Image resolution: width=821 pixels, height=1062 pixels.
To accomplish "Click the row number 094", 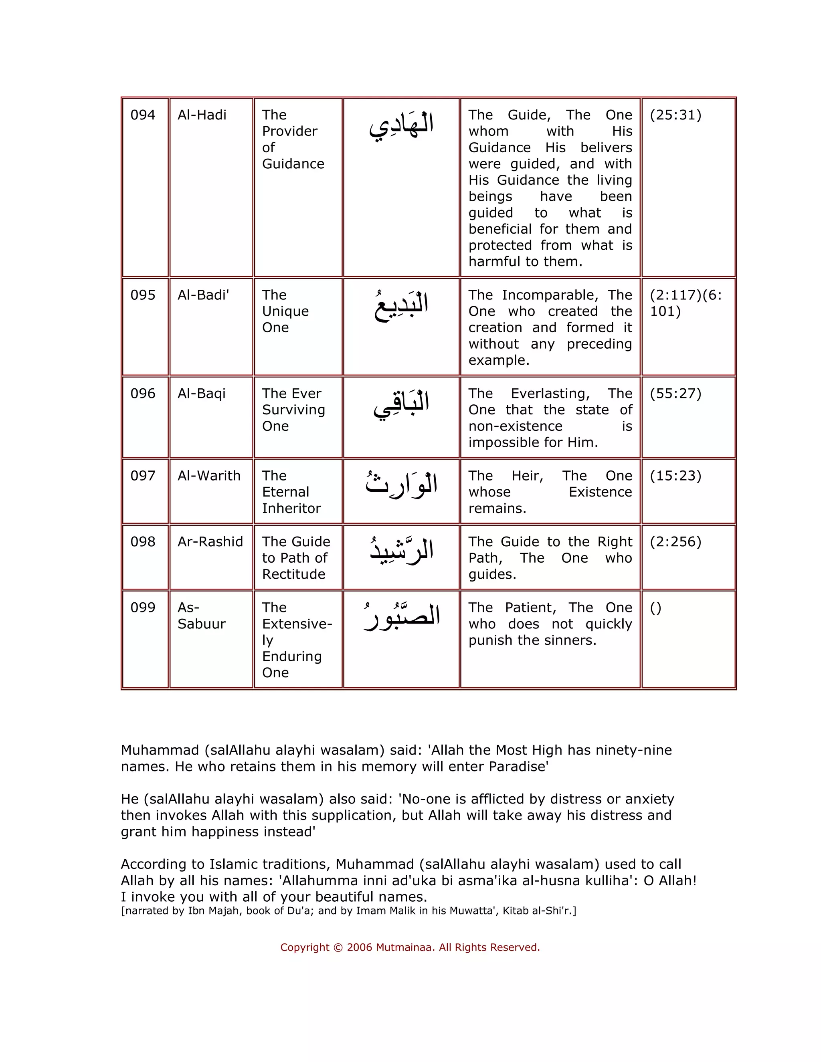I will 142,115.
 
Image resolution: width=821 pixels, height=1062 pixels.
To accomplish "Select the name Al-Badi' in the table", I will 203,295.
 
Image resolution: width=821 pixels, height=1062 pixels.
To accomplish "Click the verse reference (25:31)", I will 675,115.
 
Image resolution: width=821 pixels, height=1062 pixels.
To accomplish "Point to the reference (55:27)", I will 675,394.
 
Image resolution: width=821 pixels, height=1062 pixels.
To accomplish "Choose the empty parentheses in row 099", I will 655,608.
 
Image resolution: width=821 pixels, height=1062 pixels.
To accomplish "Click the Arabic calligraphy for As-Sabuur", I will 402,617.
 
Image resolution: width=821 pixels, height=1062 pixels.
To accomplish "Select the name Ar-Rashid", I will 210,542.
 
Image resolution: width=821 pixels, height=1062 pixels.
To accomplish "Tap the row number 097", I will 142,476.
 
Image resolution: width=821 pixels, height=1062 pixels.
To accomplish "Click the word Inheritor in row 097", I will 291,509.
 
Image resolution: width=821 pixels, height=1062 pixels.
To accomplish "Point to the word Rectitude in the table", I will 293,574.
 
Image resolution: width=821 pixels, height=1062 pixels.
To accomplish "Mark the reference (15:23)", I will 675,476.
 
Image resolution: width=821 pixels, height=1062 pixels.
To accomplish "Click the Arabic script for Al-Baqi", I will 401,405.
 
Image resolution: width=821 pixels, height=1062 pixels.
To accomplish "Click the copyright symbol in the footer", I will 338,948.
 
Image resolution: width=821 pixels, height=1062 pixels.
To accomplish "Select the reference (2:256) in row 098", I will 675,542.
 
